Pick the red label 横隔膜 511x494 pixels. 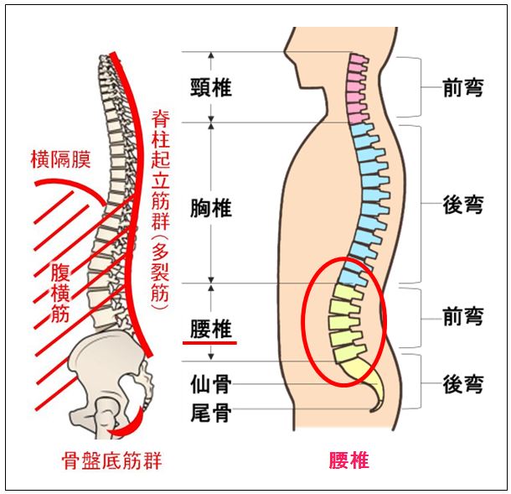tap(59, 159)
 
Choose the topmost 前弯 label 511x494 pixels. tap(462, 87)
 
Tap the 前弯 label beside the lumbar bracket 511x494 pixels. tap(462, 316)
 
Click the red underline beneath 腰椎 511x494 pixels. tap(211, 342)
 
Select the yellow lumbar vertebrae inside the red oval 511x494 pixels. tap(344, 322)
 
